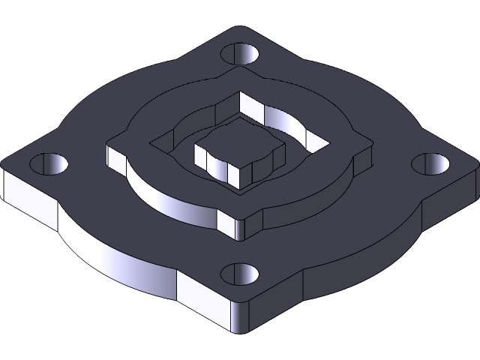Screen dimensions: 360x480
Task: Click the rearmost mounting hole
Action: (240, 54)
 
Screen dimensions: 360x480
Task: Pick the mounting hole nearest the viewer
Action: (241, 274)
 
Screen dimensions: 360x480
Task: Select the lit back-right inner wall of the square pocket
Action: (289, 120)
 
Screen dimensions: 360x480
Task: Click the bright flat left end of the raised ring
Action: (116, 156)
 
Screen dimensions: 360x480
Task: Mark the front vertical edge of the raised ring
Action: (242, 229)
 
